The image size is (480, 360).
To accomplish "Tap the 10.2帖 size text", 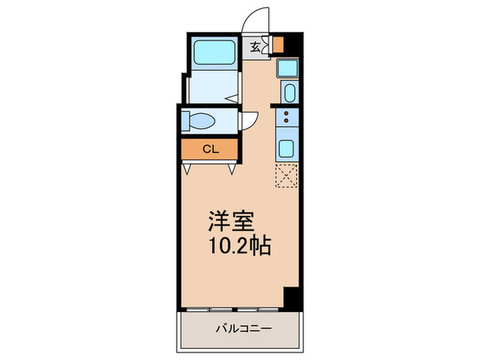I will point(240,245).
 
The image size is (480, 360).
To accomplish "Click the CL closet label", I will point(210,149).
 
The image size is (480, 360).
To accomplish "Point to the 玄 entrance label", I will point(255,47).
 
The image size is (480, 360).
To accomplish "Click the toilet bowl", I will point(202,122).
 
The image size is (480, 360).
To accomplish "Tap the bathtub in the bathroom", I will point(214,53).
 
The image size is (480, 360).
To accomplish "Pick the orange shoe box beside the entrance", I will point(278,45).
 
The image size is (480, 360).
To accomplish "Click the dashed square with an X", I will point(286,176).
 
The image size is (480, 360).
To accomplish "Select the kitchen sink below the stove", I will point(286,146).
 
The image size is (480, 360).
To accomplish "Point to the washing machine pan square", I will point(286,68).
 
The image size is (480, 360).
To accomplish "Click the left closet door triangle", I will point(187,167).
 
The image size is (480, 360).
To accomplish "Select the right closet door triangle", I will point(233,167).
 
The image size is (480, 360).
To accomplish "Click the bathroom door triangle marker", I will point(232,99).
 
